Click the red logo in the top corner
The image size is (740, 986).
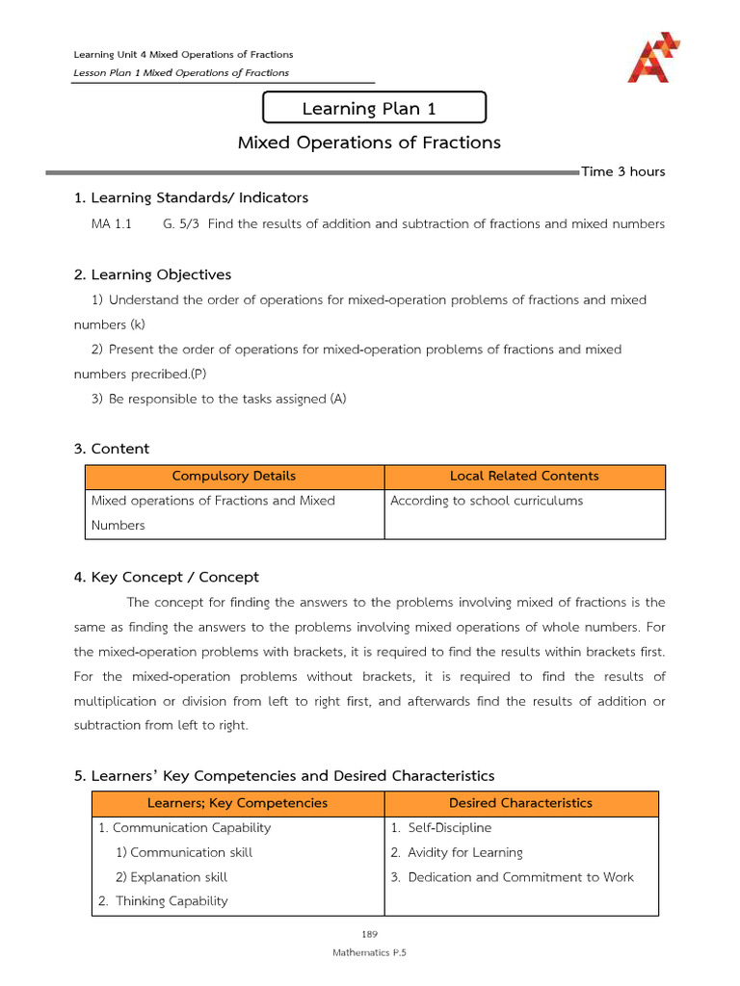[x=653, y=57]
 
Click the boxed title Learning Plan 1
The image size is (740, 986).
[x=374, y=109]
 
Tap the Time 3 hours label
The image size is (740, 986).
[x=622, y=171]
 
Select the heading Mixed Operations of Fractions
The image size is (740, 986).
[x=369, y=143]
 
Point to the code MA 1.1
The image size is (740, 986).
[x=111, y=223]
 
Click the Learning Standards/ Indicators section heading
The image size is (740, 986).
[x=191, y=197]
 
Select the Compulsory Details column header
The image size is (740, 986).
[x=234, y=476]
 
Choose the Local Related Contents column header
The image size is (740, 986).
[x=524, y=476]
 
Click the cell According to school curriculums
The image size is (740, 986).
[x=487, y=501]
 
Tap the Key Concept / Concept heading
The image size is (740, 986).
[x=167, y=577]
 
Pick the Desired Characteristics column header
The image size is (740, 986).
[x=520, y=803]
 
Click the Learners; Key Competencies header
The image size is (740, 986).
[x=237, y=803]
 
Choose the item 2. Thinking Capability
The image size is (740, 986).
[x=163, y=901]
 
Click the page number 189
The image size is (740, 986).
[x=370, y=934]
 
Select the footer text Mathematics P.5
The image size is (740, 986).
[x=370, y=951]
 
